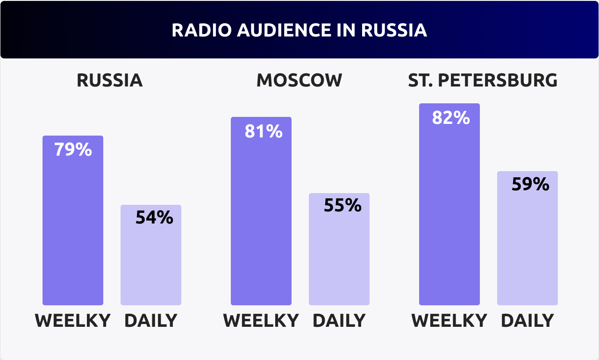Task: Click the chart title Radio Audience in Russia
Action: [x=299, y=30]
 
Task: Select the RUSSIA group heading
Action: [x=110, y=80]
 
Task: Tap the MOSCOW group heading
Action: [x=299, y=80]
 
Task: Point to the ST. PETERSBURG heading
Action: [x=483, y=80]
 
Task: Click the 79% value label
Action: [x=73, y=150]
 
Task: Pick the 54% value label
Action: [x=154, y=217]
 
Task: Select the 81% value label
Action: [x=264, y=131]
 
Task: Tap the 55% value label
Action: [x=342, y=205]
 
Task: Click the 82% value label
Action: [x=451, y=118]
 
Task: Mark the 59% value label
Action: [x=530, y=184]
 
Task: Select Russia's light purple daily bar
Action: [x=151, y=262]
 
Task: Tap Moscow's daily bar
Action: [x=339, y=257]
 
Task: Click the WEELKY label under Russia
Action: [x=73, y=321]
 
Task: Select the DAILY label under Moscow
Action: [x=339, y=321]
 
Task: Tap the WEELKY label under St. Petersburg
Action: [x=449, y=321]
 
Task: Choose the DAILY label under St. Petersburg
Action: [x=527, y=321]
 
